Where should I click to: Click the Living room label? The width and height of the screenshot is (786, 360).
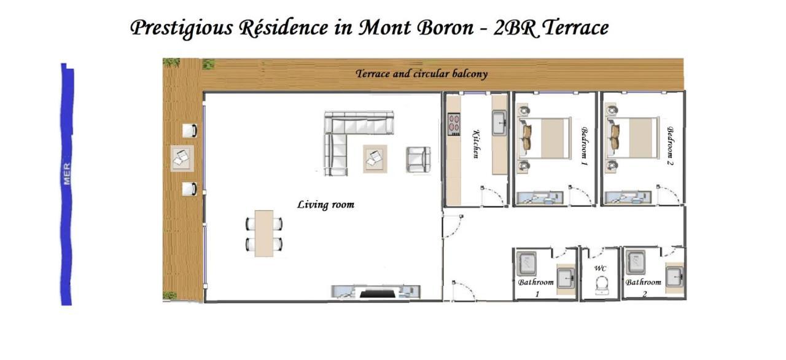coord(325,205)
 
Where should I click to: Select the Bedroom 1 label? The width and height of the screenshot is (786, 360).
coord(584,147)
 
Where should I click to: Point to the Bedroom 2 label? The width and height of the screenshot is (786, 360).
coord(671,147)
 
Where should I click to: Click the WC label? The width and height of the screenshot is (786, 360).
coord(600,268)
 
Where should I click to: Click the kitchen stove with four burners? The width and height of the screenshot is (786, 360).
coord(454,123)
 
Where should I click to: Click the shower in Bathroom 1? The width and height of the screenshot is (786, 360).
coord(526,264)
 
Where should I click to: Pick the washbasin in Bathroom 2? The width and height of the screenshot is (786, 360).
coord(675,276)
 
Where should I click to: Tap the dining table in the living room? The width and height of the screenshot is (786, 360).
coord(264,233)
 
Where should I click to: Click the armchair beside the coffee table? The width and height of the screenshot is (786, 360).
coord(418,159)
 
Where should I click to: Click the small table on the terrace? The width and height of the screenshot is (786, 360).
coord(182,158)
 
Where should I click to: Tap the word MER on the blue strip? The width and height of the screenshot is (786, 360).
coord(67,173)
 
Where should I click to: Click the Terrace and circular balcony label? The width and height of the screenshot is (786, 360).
coord(421,74)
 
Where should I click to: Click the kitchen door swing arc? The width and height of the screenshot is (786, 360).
coord(493,196)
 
